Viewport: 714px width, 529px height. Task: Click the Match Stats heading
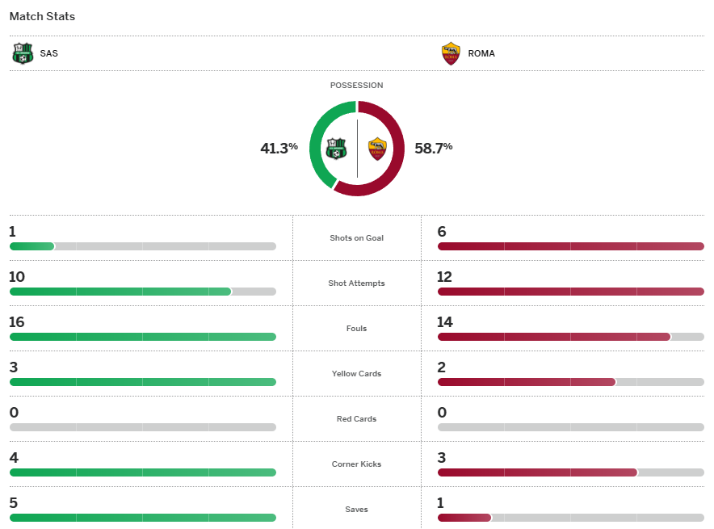point(42,16)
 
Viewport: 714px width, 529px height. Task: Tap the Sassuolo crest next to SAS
point(23,53)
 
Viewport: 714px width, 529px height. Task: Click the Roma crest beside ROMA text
point(451,53)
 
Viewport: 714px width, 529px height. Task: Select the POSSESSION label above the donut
point(356,85)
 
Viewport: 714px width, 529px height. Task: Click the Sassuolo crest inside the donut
point(336,149)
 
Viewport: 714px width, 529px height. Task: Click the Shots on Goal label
point(356,238)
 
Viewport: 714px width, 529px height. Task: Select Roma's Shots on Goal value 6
point(442,232)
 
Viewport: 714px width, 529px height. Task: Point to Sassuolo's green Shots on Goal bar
point(31,246)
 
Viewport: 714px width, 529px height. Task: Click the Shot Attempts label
point(356,283)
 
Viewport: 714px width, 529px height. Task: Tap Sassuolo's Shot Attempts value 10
point(17,277)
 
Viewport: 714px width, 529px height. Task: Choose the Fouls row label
point(356,329)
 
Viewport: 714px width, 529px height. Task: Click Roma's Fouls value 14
point(446,322)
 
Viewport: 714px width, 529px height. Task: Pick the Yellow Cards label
point(356,374)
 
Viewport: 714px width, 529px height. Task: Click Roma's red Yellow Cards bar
point(526,382)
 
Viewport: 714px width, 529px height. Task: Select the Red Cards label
point(356,419)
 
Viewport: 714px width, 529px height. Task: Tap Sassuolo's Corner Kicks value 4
point(13,458)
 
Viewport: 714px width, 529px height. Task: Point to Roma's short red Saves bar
point(464,518)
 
